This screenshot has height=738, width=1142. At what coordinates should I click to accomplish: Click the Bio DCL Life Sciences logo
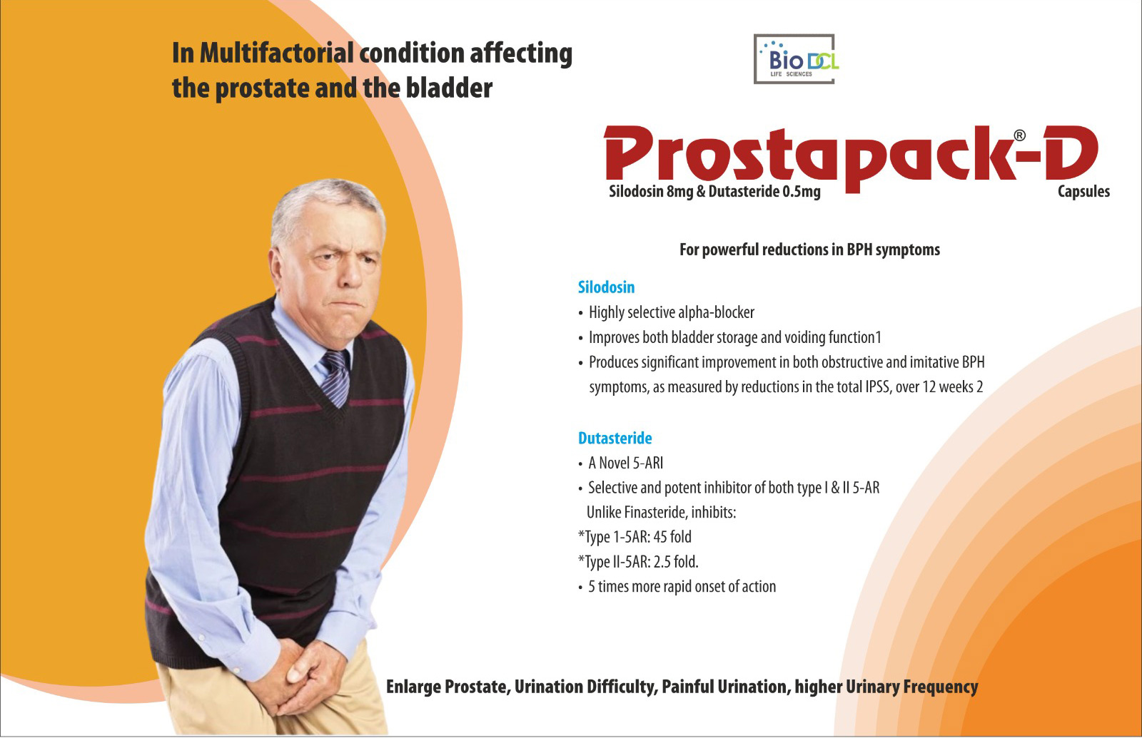click(x=794, y=60)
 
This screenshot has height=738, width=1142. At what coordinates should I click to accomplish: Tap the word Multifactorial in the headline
click(x=276, y=53)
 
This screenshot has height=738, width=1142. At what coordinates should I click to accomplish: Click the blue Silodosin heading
click(x=606, y=287)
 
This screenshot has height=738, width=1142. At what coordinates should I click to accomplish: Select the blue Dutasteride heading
click(x=615, y=439)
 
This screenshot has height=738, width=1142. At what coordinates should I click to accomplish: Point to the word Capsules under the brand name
click(x=1083, y=191)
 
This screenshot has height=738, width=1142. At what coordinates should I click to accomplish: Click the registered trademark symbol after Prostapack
click(x=1019, y=135)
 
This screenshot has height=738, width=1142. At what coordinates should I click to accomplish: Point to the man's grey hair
click(x=321, y=207)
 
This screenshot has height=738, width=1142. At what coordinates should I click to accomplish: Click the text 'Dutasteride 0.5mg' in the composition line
click(x=764, y=191)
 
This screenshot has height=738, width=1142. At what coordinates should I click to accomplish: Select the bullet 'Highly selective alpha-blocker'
click(x=671, y=312)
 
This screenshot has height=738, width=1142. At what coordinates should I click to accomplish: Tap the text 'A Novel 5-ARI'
click(x=625, y=463)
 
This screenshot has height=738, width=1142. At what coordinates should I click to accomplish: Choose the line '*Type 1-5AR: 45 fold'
click(x=635, y=537)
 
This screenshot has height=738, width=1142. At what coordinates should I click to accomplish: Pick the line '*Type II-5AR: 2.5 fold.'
click(x=638, y=562)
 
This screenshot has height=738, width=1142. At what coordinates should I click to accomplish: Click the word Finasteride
click(x=655, y=513)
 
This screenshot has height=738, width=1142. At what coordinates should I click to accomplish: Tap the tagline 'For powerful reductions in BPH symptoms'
click(x=809, y=250)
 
